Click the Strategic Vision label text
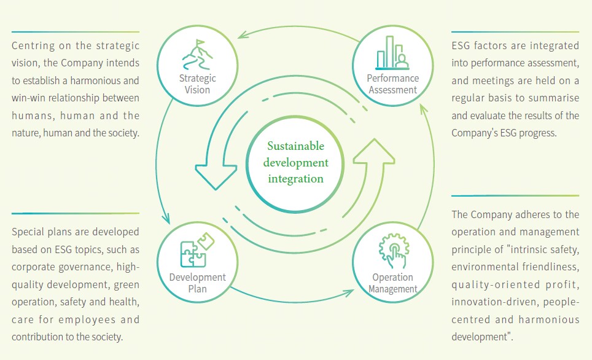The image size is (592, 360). click(x=198, y=84)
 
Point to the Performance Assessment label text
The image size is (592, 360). click(x=392, y=84)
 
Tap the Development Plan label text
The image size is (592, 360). click(x=198, y=283)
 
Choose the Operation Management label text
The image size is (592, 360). click(x=393, y=283)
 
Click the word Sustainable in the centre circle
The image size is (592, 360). click(x=295, y=146)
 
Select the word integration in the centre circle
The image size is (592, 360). click(x=295, y=179)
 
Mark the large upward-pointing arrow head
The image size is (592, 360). click(x=375, y=151)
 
